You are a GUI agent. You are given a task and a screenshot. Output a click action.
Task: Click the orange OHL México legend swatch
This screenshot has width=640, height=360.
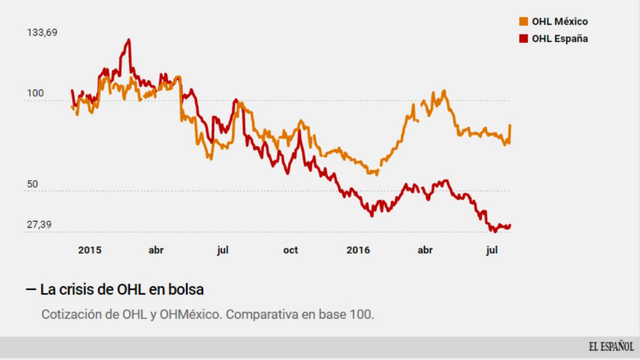tap(523, 21)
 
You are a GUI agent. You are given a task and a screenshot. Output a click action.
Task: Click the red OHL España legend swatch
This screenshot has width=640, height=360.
tap(523, 39)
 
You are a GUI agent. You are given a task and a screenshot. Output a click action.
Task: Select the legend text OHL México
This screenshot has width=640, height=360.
tap(560, 21)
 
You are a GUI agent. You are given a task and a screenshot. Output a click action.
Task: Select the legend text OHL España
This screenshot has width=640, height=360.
tap(560, 39)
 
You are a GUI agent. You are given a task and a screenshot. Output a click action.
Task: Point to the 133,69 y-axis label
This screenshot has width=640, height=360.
tap(42, 33)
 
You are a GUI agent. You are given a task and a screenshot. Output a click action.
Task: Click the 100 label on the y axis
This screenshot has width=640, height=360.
tap(35, 93)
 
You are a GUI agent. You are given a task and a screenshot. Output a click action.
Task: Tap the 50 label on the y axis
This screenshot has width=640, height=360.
tap(32, 184)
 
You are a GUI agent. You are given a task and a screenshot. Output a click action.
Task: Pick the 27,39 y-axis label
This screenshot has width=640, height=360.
tap(39, 225)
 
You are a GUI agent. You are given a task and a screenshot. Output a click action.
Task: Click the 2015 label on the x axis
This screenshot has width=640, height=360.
tap(90, 250)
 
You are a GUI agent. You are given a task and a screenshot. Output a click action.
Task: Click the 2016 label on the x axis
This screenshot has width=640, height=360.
tap(358, 250)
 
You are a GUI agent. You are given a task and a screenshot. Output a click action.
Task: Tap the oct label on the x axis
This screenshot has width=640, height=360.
tap(290, 250)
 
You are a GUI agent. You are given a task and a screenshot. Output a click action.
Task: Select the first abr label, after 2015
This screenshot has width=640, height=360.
tap(156, 250)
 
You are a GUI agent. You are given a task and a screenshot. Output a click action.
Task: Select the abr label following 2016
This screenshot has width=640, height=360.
tap(425, 250)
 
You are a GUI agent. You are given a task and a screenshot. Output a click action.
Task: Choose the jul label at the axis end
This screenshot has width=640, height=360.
tap(492, 250)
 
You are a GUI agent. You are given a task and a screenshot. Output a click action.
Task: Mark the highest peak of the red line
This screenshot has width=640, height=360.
tap(129, 40)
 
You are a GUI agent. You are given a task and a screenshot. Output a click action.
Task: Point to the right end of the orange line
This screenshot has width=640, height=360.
tap(510, 125)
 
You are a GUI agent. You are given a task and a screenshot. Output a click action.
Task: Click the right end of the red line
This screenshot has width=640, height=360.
tap(510, 225)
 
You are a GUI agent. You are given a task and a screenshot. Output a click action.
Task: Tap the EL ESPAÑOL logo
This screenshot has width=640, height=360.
tap(611, 346)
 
